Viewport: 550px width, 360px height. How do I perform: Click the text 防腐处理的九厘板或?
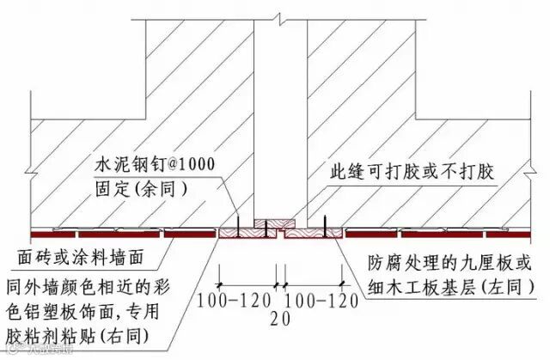(x=442, y=262)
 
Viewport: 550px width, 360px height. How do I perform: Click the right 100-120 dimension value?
(x=319, y=301)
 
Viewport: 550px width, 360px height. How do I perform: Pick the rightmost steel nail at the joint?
(x=324, y=225)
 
